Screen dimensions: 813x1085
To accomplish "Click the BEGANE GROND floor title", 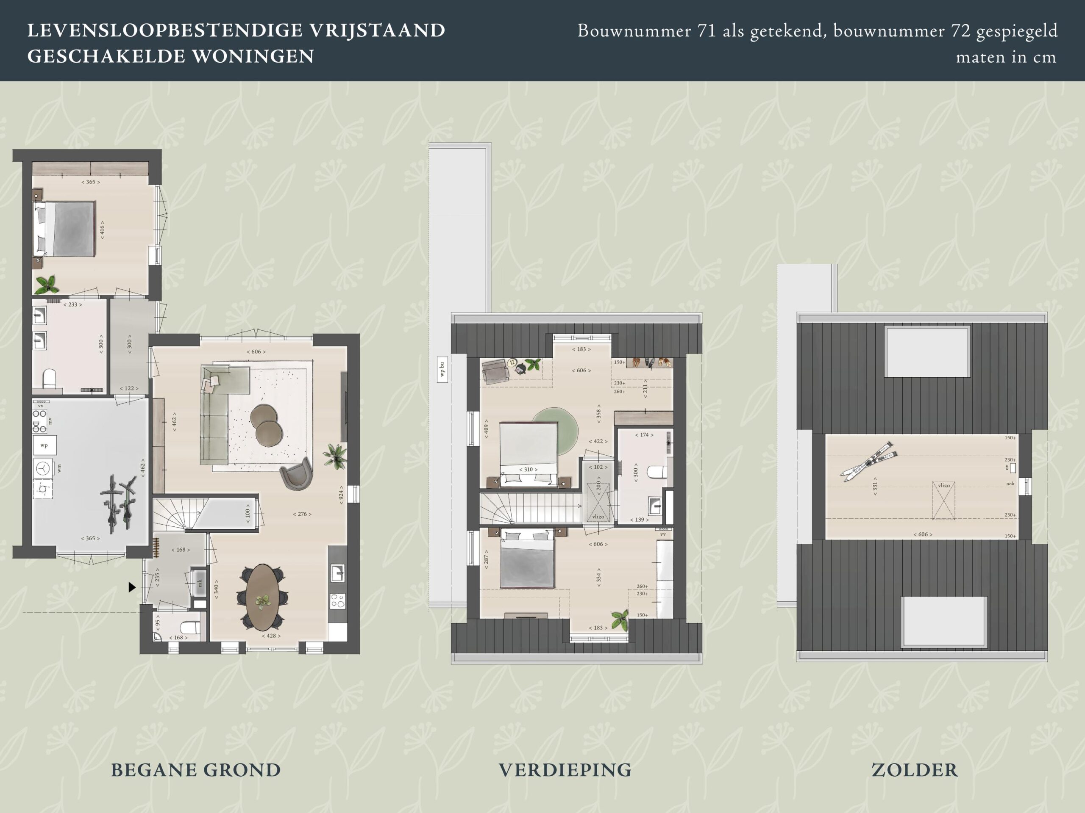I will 196,770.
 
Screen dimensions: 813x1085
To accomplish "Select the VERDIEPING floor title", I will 565,770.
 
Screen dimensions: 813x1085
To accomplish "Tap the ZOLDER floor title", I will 914,770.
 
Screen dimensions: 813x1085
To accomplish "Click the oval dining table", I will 263,597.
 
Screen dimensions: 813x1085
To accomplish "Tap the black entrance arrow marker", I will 131,587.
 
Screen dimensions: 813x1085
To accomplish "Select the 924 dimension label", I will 341,495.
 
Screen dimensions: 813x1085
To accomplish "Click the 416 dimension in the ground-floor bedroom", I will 102,230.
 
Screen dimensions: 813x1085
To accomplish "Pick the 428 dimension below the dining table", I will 271,636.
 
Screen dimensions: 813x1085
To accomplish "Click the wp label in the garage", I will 44,445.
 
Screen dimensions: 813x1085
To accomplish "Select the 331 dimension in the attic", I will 875,486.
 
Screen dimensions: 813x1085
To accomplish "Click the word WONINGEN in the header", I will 253,56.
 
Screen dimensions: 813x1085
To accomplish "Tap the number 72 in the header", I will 961,31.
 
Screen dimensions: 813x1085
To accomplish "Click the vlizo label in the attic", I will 944,485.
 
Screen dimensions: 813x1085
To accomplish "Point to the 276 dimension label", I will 302,514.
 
